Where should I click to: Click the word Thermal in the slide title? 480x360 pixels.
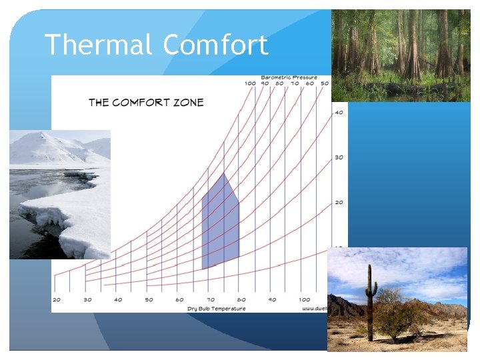click(x=99, y=45)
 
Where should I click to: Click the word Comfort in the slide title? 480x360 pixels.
click(x=215, y=45)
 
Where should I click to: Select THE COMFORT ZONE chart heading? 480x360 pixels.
click(x=146, y=102)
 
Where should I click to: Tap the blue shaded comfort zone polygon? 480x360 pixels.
click(x=220, y=223)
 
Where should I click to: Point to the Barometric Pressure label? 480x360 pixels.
click(x=289, y=77)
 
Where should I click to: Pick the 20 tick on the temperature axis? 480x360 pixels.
click(x=56, y=300)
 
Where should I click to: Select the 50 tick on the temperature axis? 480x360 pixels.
click(x=149, y=300)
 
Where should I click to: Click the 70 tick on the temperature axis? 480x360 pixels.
click(x=211, y=300)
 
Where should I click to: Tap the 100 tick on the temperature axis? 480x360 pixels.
click(x=304, y=300)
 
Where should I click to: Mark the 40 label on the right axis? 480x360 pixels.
click(x=339, y=112)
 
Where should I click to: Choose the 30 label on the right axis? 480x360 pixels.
click(x=339, y=157)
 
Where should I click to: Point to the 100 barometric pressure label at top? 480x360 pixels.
click(x=250, y=83)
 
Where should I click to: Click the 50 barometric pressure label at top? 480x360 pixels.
click(x=325, y=83)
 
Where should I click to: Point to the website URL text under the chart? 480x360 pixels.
click(x=315, y=309)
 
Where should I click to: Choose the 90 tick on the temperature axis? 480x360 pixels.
click(x=273, y=300)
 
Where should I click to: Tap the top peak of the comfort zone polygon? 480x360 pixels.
click(x=224, y=174)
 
